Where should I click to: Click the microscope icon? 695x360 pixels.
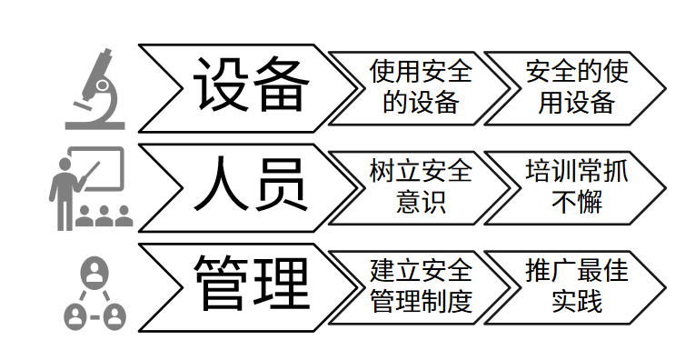94,88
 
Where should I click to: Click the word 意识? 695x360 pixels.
421,201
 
